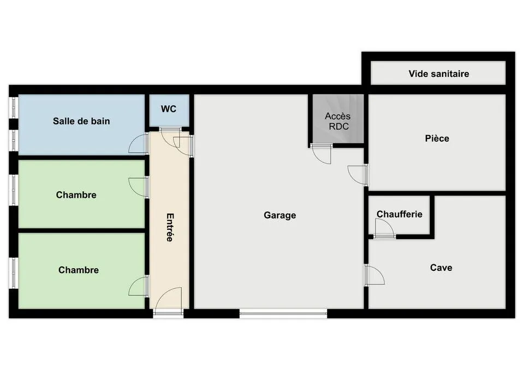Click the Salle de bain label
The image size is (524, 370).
[81, 121]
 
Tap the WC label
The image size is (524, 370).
[169, 109]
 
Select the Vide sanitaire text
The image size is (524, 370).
[439, 74]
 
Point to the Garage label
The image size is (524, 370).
[279, 215]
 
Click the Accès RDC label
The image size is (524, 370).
[338, 121]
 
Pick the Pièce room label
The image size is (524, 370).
[437, 138]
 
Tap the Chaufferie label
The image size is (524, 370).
[400, 214]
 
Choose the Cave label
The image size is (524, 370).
[441, 268]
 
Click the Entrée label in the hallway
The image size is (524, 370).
[170, 227]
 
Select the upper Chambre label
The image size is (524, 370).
[76, 195]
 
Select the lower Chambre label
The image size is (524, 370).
[79, 270]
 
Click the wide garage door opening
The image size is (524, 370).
[283, 313]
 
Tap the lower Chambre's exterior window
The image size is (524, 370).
[14, 273]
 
